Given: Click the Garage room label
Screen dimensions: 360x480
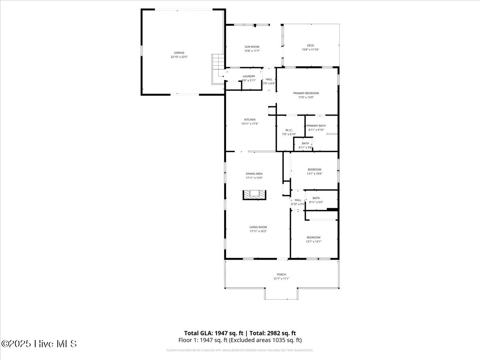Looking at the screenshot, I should (x=179, y=53).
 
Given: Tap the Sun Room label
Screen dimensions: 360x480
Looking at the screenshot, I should (x=252, y=47).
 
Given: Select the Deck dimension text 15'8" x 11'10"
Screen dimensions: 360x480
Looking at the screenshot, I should (x=310, y=50).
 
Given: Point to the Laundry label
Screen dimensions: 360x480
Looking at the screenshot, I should (x=249, y=76).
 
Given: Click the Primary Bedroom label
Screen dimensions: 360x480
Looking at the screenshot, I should (x=306, y=93).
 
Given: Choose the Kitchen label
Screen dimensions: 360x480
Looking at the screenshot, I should (x=250, y=120).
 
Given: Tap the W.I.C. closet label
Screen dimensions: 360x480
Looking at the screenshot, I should (x=289, y=130).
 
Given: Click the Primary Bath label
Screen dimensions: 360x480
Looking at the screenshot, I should (x=316, y=126).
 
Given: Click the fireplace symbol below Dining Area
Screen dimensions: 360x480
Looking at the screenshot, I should (x=254, y=194).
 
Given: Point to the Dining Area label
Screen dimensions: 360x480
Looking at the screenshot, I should (x=254, y=174).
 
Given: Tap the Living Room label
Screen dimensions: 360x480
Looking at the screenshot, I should (x=258, y=227).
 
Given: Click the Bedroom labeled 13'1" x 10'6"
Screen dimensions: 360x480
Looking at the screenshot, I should (x=314, y=170).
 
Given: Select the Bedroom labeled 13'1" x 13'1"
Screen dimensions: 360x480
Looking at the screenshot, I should (x=314, y=237).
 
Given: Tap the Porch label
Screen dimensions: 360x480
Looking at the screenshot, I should (x=282, y=274).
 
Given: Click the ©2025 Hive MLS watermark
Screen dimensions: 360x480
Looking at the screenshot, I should (x=39, y=344).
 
